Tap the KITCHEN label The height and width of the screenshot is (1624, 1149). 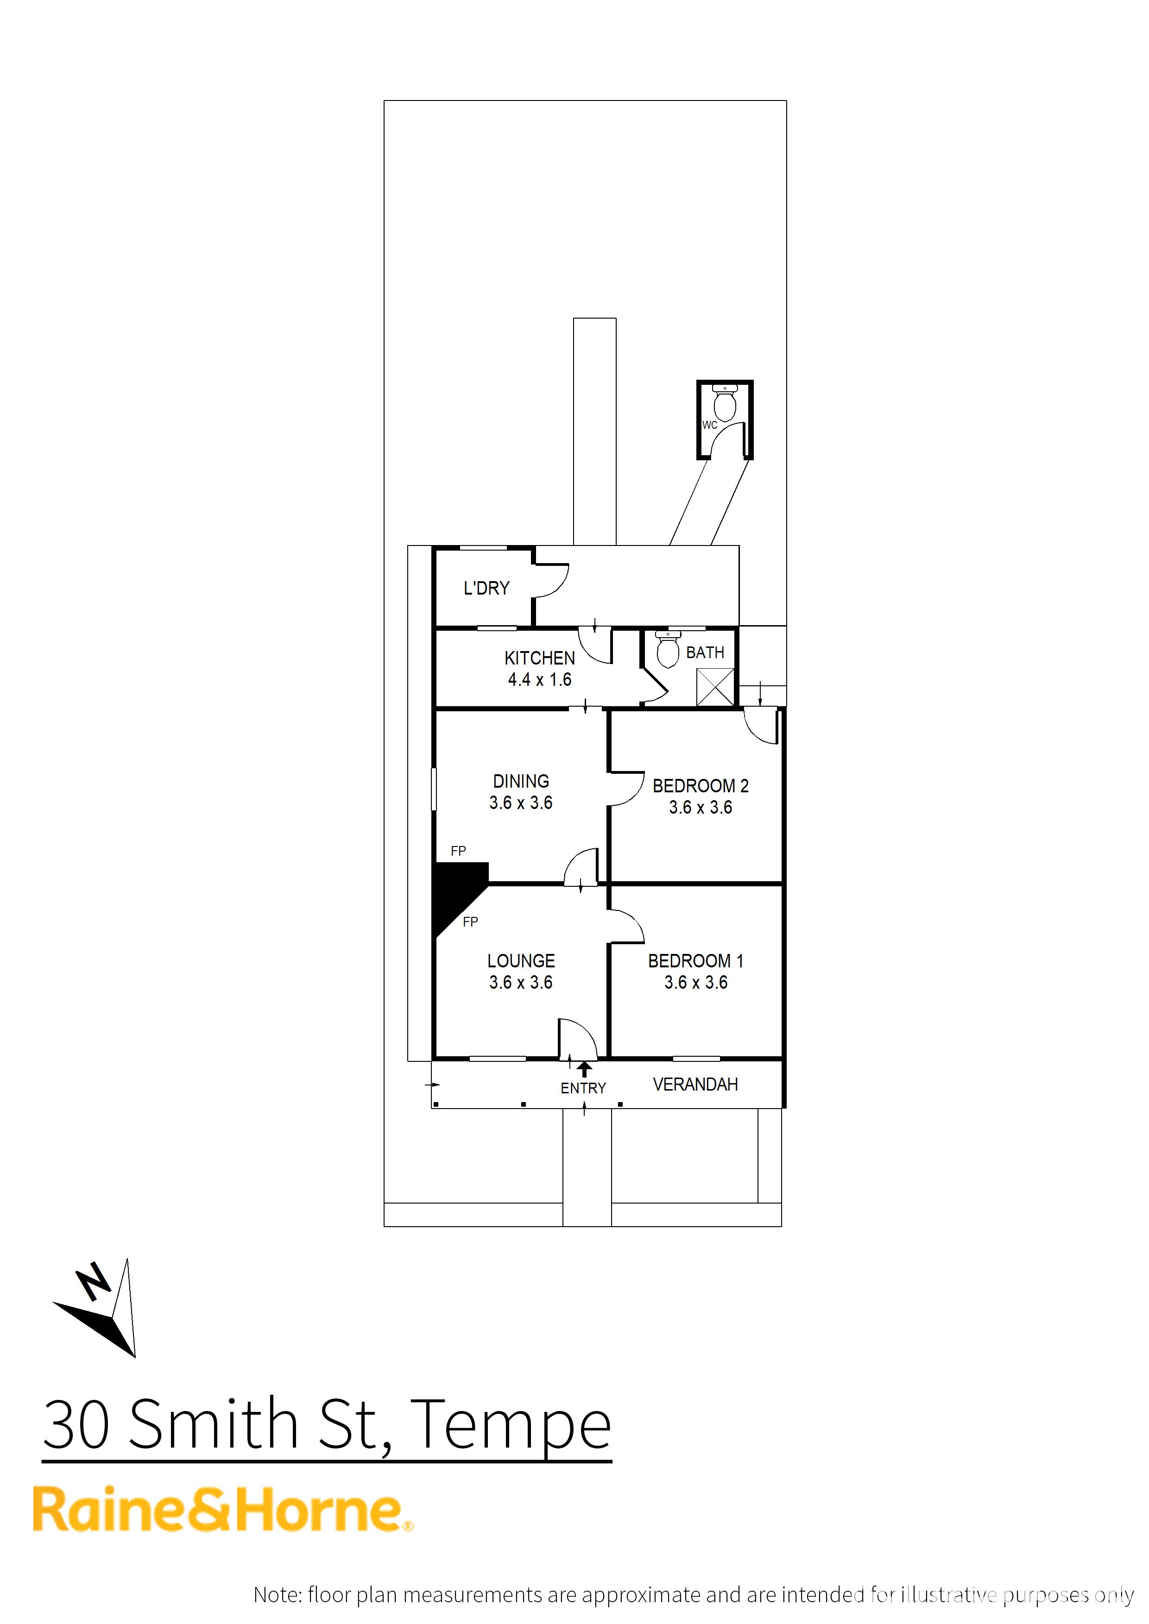point(539,658)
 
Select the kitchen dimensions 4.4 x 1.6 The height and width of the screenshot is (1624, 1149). point(539,680)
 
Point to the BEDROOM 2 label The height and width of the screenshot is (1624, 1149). point(701,786)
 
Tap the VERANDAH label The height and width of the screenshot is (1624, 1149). point(695,1085)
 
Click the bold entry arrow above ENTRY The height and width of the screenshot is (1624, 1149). point(584,1069)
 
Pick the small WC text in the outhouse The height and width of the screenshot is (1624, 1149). point(710,425)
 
